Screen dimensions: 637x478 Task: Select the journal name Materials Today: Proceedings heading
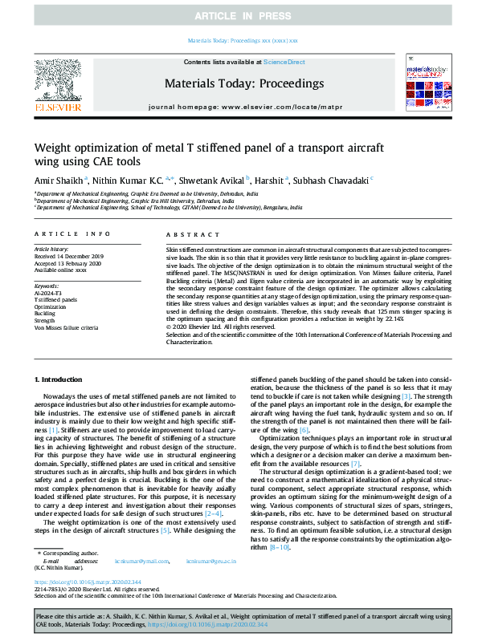point(243,83)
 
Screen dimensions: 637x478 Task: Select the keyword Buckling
point(46,314)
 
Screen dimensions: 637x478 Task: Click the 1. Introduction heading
point(59,378)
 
